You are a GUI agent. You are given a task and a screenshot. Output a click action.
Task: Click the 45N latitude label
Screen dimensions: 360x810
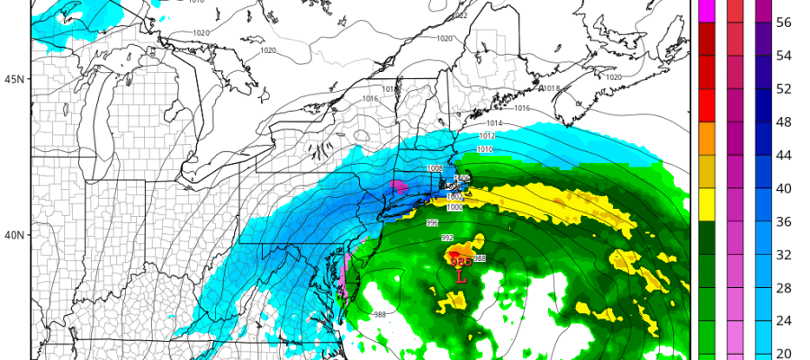pyautogui.click(x=13, y=79)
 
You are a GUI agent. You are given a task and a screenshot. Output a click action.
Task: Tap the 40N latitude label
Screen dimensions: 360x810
pyautogui.click(x=13, y=236)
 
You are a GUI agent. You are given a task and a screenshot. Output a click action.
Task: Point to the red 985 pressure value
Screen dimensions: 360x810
pyautogui.click(x=461, y=262)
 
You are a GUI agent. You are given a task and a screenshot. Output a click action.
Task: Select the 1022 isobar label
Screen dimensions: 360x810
pyautogui.click(x=460, y=15)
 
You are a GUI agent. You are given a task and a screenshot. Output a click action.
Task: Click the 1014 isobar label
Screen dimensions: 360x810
pyautogui.click(x=494, y=123)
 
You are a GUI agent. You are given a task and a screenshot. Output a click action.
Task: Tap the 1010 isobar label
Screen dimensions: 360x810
pyautogui.click(x=484, y=148)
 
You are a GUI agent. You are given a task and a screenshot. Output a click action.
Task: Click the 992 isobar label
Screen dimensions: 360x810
pyautogui.click(x=447, y=238)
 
